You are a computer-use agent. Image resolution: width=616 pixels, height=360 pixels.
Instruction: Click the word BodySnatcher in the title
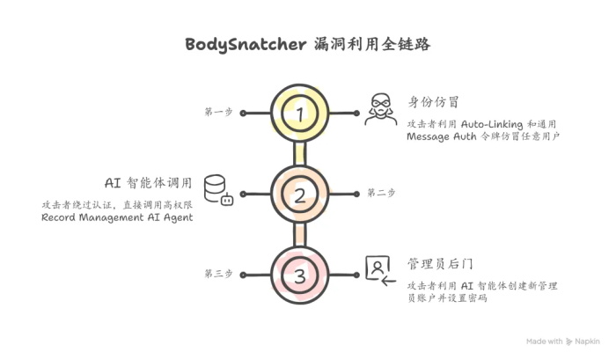tap(246, 44)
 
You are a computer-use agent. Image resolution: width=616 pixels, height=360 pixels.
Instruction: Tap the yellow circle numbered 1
tap(300, 114)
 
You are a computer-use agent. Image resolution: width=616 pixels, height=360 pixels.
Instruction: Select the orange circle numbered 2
tap(300, 195)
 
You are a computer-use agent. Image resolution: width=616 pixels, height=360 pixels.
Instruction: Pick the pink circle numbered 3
tap(300, 276)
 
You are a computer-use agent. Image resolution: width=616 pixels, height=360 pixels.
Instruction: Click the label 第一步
tap(218, 113)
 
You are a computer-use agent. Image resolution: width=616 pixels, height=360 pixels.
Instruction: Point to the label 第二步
tap(381, 193)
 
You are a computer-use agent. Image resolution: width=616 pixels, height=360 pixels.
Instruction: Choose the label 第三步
tap(218, 275)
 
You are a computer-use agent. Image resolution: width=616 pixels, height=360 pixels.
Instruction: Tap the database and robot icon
tap(217, 189)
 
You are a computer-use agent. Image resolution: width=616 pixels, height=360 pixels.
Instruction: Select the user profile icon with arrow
tap(378, 268)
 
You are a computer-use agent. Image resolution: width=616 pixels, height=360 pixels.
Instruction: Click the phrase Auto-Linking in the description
tap(494, 124)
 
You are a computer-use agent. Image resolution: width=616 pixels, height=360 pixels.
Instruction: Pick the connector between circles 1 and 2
tap(300, 154)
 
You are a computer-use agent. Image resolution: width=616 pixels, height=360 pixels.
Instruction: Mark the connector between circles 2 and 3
tap(300, 235)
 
